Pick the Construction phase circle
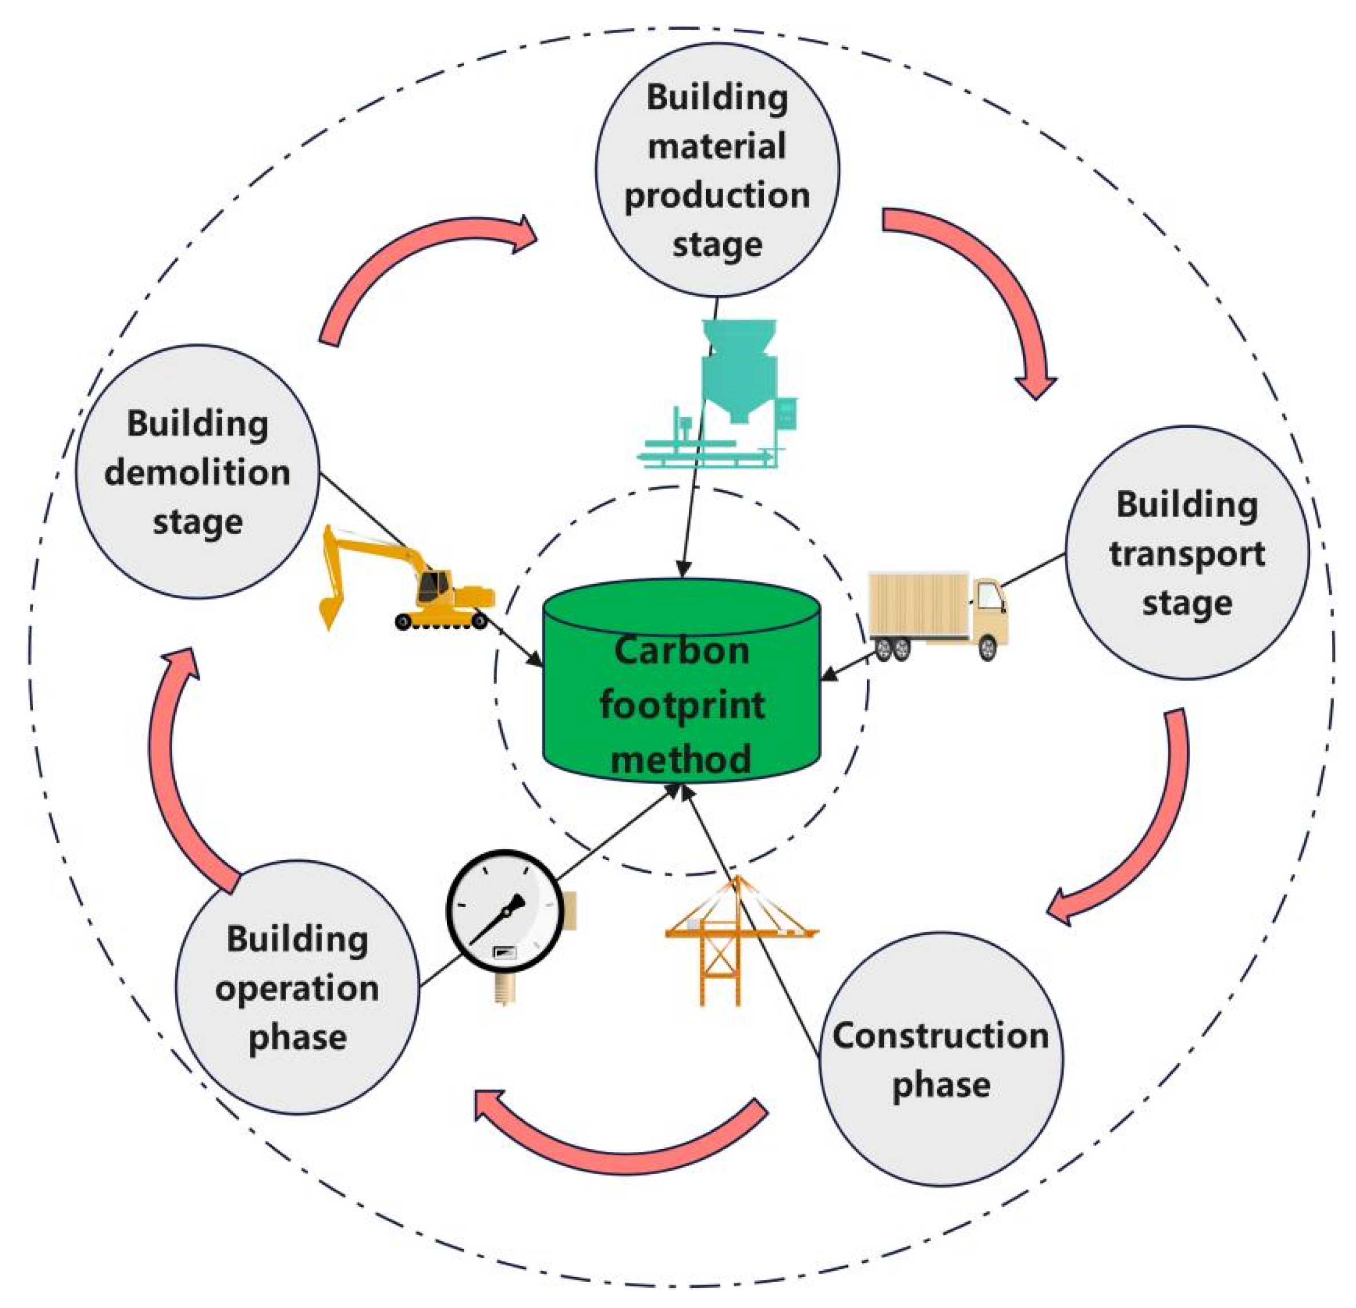point(941,1058)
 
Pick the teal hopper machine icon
point(727,394)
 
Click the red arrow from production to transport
point(982,291)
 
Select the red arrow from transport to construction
point(1141,830)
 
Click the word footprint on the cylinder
point(681,706)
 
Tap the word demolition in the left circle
point(197,472)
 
